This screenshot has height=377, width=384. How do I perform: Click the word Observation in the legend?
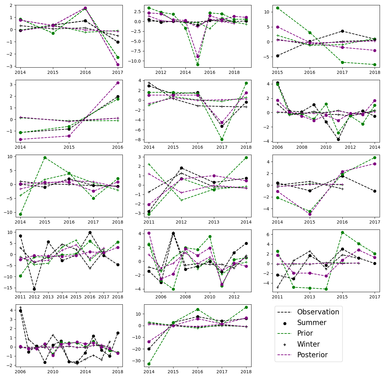pos(318,312)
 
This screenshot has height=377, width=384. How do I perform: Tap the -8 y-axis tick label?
pos(140,140)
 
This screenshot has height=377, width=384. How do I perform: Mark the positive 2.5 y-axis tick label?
pos(137,12)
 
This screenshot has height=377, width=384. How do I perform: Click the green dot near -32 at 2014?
pos(149,364)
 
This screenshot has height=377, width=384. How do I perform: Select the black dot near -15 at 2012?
pos(34,289)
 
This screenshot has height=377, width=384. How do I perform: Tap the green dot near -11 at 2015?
pos(198,65)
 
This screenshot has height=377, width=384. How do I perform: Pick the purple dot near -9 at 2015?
pos(198,56)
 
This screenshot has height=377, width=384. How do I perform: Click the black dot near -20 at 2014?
pos(149,349)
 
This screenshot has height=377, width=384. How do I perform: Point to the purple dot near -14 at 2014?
pos(149,342)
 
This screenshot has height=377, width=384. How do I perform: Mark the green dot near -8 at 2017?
pos(222,139)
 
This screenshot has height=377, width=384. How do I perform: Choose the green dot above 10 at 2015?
pos(277,8)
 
